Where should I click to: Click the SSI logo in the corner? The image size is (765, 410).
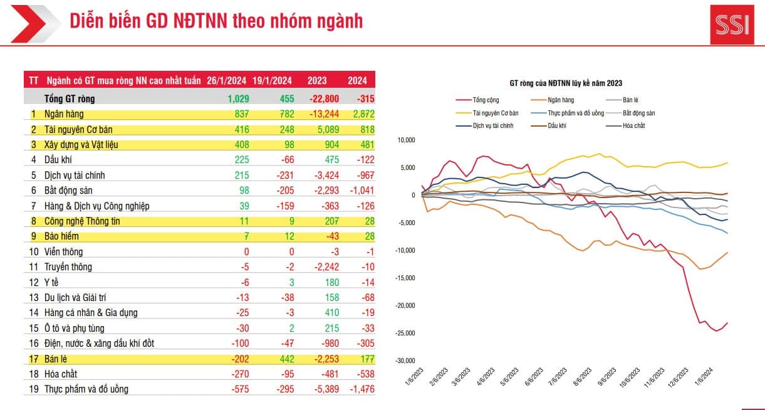click(732, 25)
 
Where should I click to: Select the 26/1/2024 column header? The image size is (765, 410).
click(226, 80)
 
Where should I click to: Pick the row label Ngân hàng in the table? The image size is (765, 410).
click(64, 114)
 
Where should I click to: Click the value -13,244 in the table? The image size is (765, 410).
click(324, 114)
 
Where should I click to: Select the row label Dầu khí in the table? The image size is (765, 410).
click(58, 160)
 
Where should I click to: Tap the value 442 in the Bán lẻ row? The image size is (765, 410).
click(284, 359)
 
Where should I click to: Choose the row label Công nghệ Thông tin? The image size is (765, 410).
click(81, 221)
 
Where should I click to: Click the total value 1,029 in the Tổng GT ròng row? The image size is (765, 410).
click(238, 98)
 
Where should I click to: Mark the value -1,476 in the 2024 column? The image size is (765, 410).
click(360, 389)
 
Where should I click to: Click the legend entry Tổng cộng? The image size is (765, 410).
click(487, 100)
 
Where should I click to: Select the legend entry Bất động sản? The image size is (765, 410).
click(639, 113)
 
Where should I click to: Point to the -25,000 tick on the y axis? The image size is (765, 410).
click(405, 333)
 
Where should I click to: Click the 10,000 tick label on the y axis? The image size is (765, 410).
click(407, 140)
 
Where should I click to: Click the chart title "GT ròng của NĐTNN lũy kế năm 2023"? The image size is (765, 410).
click(565, 83)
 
